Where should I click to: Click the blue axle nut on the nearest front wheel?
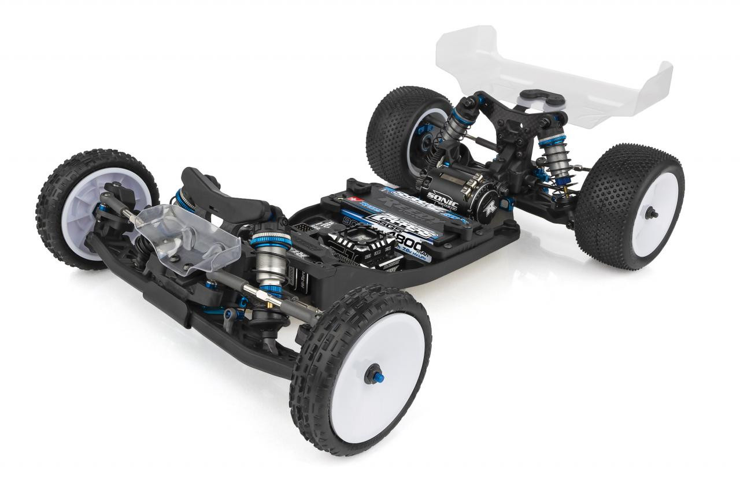[371, 377]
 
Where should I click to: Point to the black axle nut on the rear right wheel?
[654, 213]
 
